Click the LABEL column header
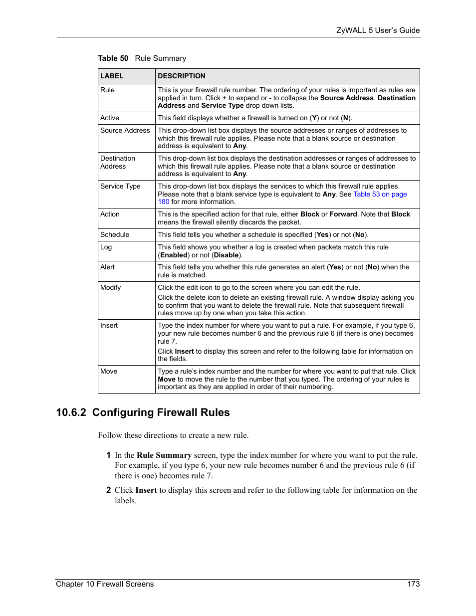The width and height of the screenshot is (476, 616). tap(112, 76)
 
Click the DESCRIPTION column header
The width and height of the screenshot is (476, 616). tap(182, 76)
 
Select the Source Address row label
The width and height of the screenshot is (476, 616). tap(125, 131)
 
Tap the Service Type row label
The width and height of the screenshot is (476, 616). tap(120, 187)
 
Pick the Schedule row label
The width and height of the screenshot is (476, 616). tap(115, 235)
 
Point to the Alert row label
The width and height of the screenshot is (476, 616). tap(107, 267)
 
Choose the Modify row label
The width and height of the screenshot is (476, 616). tap(110, 288)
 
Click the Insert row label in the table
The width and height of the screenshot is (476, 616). tap(109, 326)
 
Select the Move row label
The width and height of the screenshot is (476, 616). tap(109, 372)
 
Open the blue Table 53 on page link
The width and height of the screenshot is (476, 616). tap(380, 195)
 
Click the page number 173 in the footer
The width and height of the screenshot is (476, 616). tap(413, 584)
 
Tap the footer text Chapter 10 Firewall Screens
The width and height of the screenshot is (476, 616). tap(105, 584)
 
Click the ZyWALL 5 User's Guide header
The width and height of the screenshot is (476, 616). tap(378, 30)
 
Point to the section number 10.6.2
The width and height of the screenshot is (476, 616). tap(71, 412)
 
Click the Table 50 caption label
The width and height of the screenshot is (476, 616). tap(113, 58)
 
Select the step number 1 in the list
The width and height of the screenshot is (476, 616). tap(108, 455)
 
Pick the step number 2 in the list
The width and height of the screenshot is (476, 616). tap(108, 490)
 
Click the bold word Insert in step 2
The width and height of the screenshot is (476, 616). tap(146, 490)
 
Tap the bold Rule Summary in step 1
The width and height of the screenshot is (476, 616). tap(164, 455)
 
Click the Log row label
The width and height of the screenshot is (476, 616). tap(106, 247)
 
